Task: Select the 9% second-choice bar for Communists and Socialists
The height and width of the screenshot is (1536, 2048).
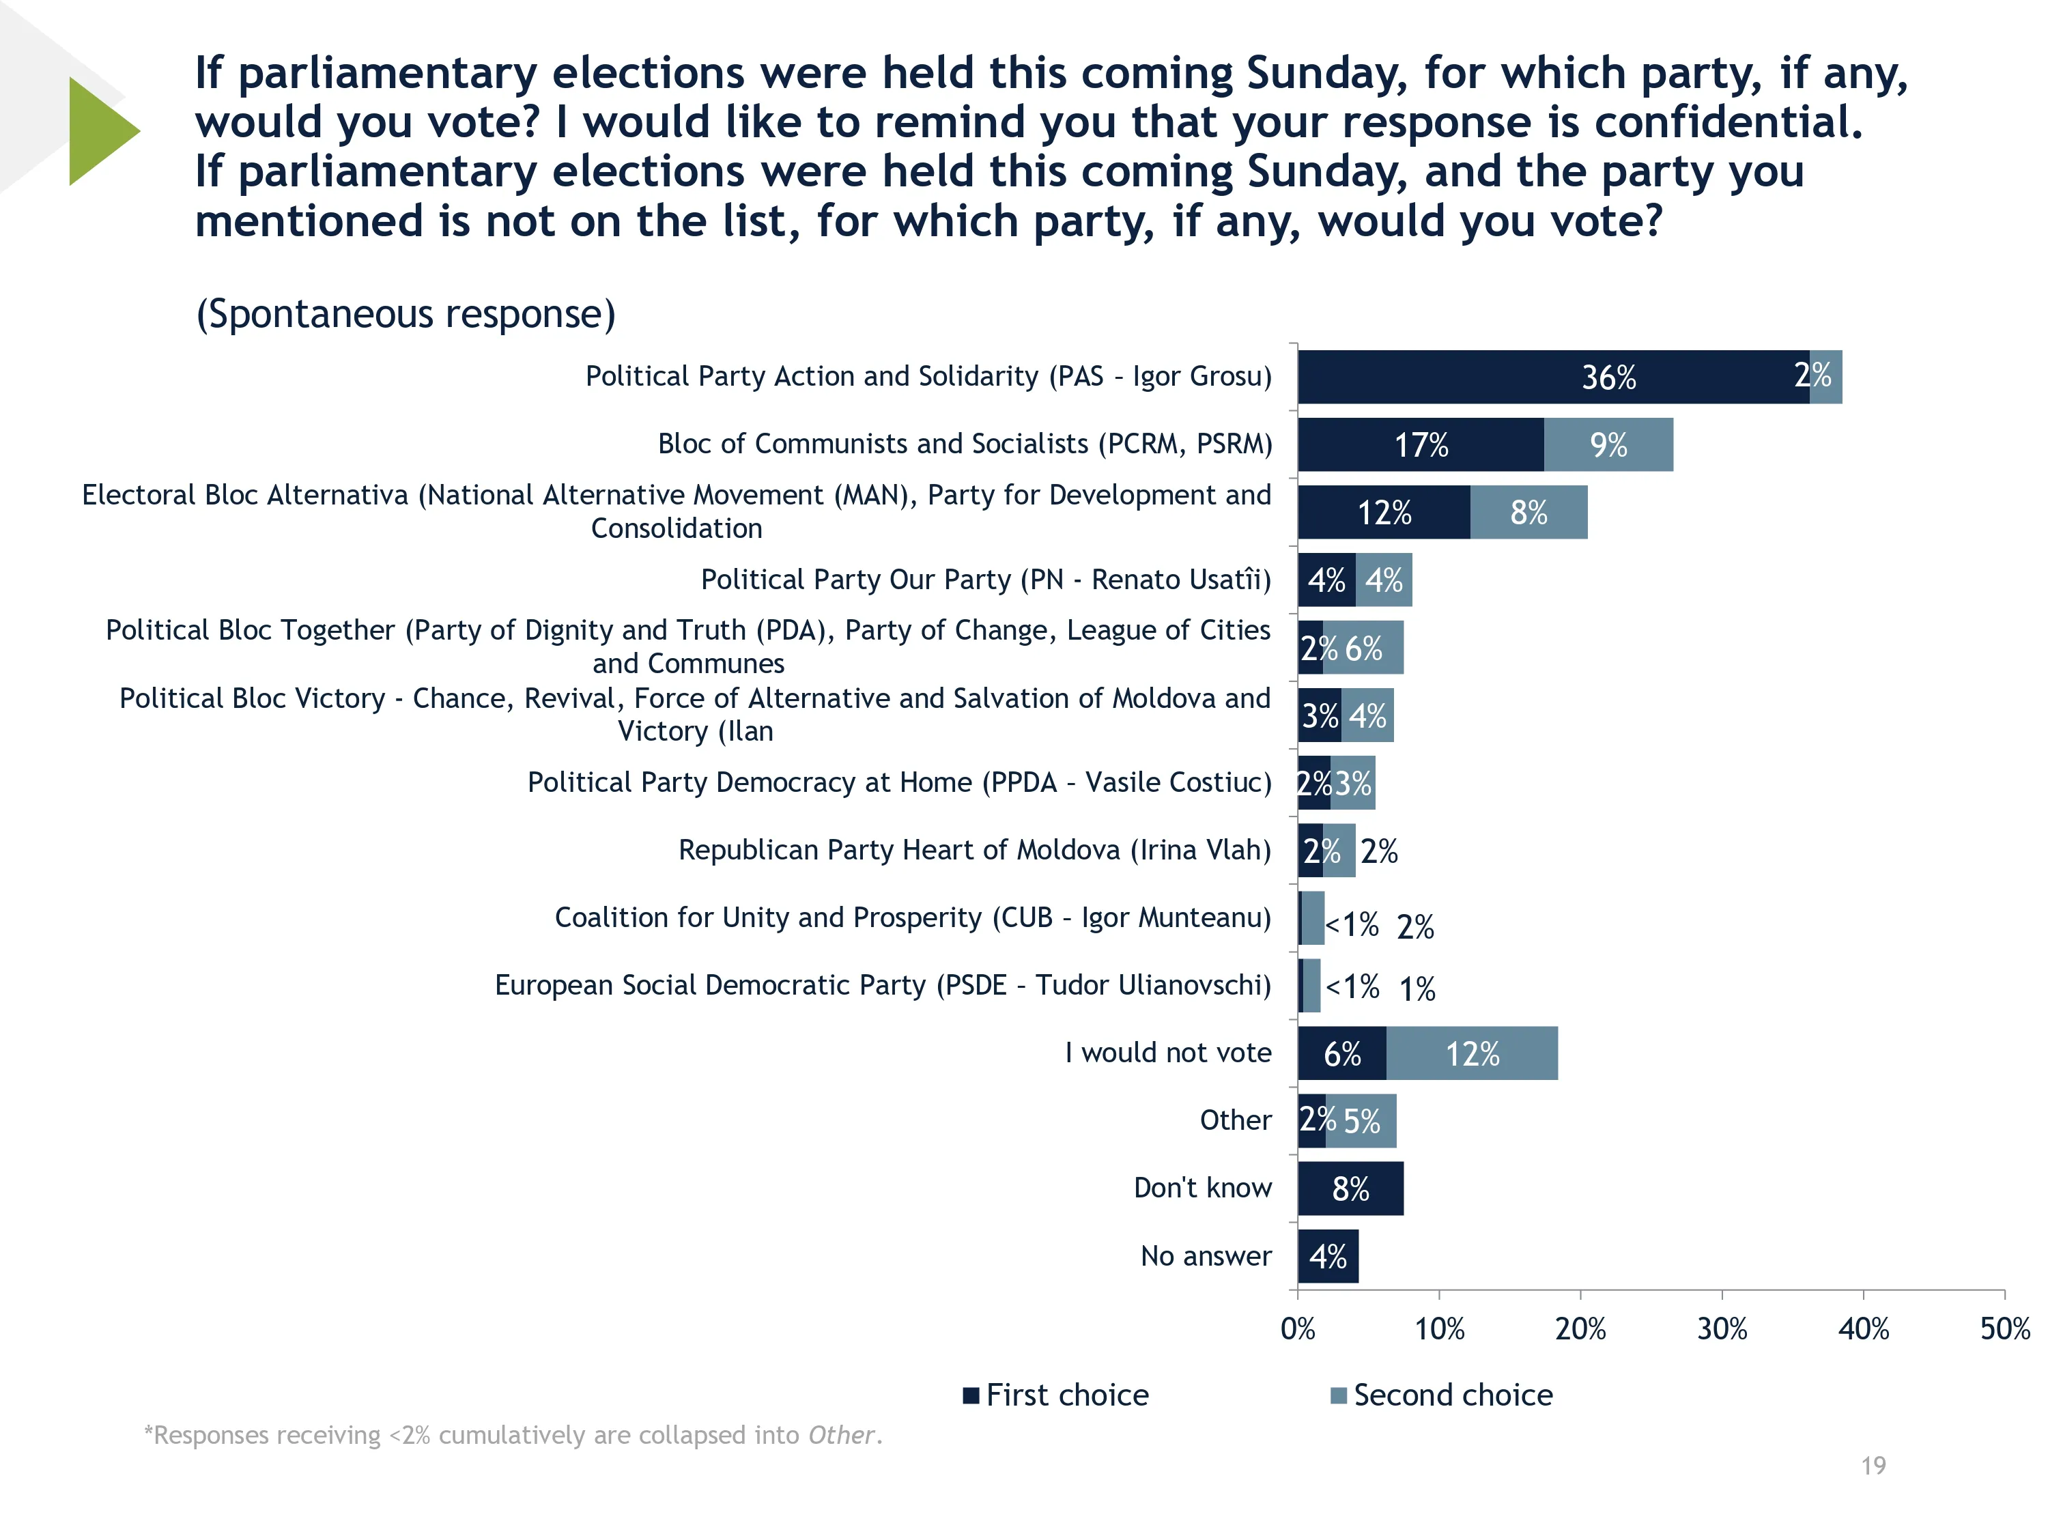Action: (x=1608, y=445)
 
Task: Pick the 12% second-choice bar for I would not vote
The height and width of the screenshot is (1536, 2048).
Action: (x=1471, y=1053)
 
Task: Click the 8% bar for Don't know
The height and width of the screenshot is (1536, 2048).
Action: (x=1350, y=1189)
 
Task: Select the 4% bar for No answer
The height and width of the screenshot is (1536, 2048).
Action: (x=1328, y=1256)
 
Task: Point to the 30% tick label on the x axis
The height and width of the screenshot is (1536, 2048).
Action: (x=1721, y=1330)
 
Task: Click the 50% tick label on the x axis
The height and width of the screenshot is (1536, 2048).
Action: (x=2004, y=1330)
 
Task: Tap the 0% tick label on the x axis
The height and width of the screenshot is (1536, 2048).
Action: (x=1297, y=1330)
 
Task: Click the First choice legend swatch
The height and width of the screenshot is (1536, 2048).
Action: (x=971, y=1395)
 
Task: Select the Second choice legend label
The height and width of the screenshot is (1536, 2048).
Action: (x=1453, y=1395)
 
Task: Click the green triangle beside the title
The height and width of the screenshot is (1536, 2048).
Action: (x=100, y=132)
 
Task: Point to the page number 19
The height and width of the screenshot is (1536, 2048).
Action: (x=1873, y=1466)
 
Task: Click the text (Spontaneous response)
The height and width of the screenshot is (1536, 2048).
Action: (x=406, y=314)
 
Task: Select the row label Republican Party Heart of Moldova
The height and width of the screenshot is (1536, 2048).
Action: (x=974, y=850)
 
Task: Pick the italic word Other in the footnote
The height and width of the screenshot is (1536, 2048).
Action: (x=840, y=1435)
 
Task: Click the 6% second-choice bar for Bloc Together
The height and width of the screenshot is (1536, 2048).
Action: (x=1363, y=648)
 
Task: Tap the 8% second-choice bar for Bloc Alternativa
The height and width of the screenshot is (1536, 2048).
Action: (x=1528, y=512)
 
